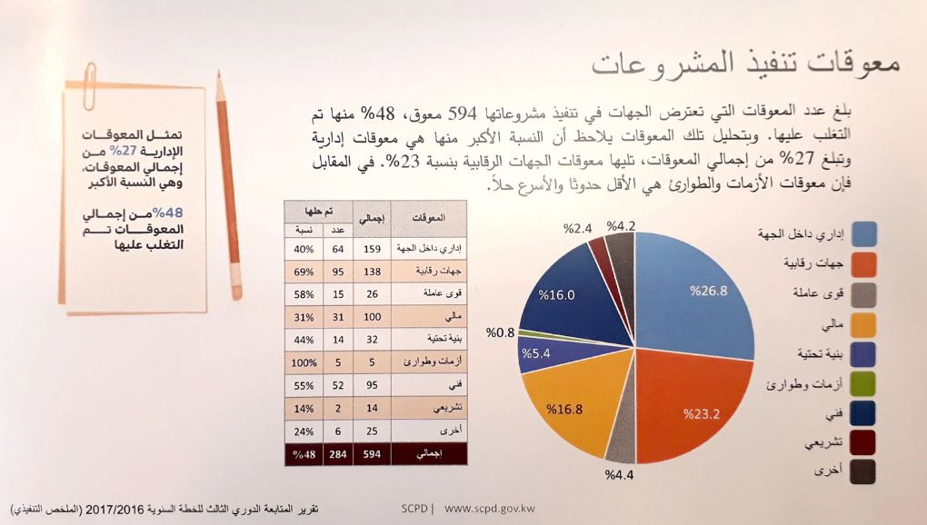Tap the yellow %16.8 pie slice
point(568,409)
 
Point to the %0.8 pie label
point(501,332)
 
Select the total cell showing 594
point(372,453)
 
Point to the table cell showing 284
point(335,453)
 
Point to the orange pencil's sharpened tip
point(217,78)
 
